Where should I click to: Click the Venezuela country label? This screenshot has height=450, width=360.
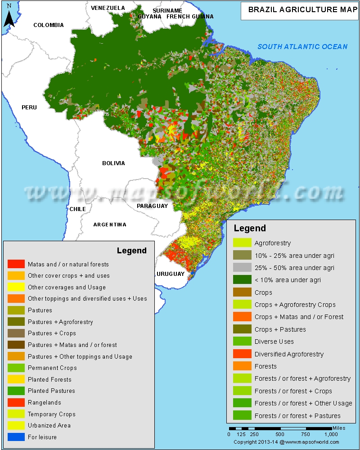click(x=108, y=8)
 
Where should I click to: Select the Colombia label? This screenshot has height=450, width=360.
click(x=49, y=25)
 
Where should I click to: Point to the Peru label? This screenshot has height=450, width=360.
click(x=29, y=108)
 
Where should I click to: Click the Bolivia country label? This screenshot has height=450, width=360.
click(x=113, y=163)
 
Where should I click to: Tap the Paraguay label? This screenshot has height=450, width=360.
click(x=152, y=206)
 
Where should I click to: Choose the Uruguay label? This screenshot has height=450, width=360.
click(x=171, y=274)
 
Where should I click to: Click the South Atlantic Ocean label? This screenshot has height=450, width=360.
click(x=302, y=47)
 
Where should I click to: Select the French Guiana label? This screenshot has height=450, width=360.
click(x=190, y=17)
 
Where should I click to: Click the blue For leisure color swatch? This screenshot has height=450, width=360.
click(x=16, y=437)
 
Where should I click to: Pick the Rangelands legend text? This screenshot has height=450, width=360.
click(x=44, y=403)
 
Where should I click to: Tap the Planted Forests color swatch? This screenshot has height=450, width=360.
click(x=16, y=379)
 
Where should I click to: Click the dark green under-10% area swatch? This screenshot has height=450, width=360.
click(x=242, y=280)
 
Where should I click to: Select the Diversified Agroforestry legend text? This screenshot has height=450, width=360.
click(x=289, y=354)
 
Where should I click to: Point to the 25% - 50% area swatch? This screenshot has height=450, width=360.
click(x=242, y=268)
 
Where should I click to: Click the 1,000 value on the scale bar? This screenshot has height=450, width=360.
click(x=331, y=435)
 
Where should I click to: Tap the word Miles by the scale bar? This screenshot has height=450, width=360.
click(x=339, y=428)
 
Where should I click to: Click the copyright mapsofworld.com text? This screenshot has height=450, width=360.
click(x=286, y=442)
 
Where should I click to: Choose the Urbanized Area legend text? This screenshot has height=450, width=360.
click(x=49, y=425)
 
